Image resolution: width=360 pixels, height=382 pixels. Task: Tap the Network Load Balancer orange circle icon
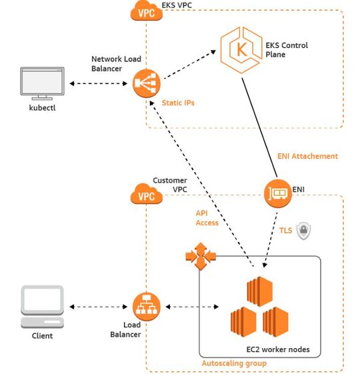145,84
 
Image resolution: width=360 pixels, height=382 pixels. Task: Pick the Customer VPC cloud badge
147,195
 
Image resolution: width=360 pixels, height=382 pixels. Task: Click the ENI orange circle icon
279,194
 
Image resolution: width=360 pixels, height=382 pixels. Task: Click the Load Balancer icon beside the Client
146,307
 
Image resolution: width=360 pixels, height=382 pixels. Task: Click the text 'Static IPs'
177,103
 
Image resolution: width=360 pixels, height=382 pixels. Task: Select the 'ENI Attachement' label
307,156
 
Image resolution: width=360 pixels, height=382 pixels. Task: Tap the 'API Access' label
207,218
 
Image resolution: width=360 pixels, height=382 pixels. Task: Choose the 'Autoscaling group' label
234,363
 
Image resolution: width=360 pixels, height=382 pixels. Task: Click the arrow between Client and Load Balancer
97,307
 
